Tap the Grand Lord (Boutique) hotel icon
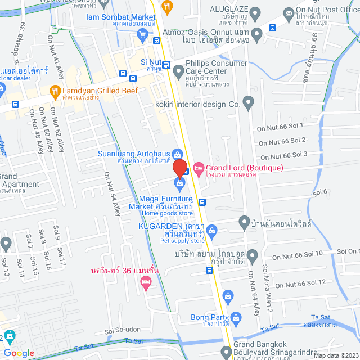tap(199, 168)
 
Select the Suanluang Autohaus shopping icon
tap(177, 154)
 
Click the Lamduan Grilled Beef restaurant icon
tap(55, 89)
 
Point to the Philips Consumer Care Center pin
tap(178, 70)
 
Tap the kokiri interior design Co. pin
tap(249, 103)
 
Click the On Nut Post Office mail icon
tap(289, 12)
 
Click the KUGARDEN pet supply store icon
tap(211, 229)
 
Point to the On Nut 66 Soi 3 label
tap(282, 155)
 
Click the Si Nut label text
tap(151, 62)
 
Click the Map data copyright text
tap(335, 355)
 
